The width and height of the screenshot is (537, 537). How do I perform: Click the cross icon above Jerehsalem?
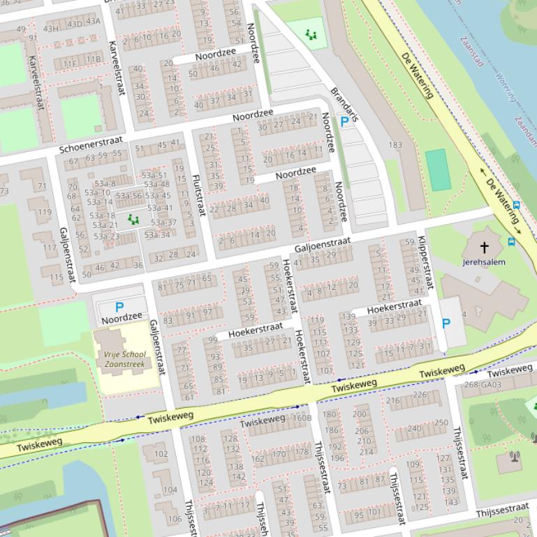(484, 247)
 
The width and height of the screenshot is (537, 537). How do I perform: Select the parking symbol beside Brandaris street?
(344, 122)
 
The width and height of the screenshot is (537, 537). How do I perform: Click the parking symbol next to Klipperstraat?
(446, 324)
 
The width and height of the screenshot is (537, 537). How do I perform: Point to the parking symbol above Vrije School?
(119, 307)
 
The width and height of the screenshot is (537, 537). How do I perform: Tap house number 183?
(395, 145)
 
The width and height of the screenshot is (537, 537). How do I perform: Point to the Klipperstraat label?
(427, 263)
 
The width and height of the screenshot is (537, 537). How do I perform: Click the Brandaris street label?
(344, 104)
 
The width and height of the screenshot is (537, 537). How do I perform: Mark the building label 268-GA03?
(483, 384)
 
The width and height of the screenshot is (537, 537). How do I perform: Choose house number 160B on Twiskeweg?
(302, 418)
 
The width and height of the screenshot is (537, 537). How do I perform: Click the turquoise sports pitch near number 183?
(438, 169)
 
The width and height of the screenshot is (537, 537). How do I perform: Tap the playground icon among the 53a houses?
(133, 220)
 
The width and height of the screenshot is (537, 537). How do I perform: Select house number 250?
(441, 423)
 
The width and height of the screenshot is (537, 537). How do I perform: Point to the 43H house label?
(51, 29)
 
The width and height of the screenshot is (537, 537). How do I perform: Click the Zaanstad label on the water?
(473, 52)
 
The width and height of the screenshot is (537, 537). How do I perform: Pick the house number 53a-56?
(128, 196)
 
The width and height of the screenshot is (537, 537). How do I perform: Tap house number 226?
(419, 395)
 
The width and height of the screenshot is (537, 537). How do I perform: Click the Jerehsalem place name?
(484, 262)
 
